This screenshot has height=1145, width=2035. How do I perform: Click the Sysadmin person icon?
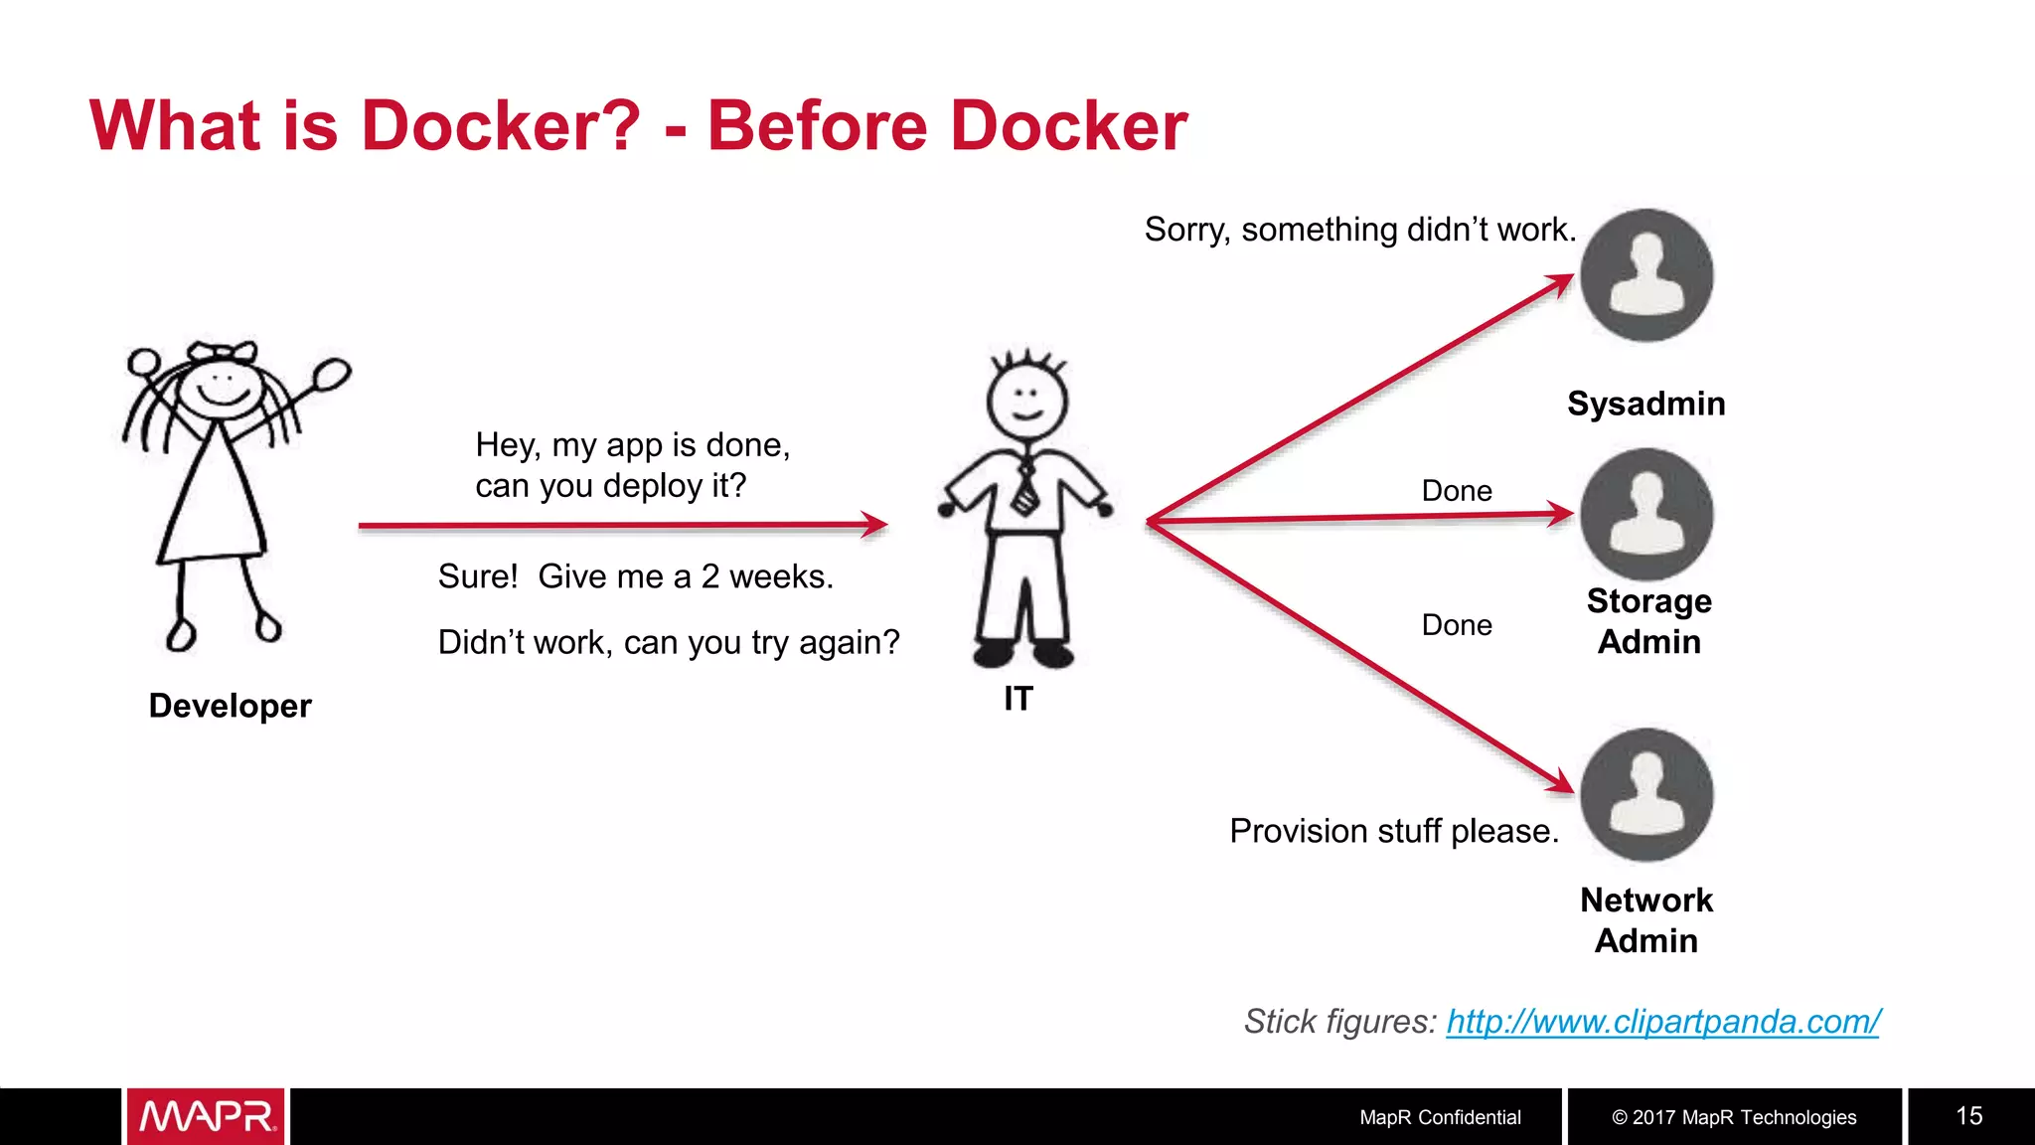coord(1646,275)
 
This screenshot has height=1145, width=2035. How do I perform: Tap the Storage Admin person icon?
coord(1646,514)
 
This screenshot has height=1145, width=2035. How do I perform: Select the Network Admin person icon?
coord(1646,794)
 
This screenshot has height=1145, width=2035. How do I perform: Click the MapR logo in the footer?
coord(207,1116)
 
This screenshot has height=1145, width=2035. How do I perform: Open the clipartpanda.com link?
coord(1662,1021)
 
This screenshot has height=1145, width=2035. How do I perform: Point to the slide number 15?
coord(1968,1116)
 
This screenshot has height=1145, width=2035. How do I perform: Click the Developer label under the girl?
coord(230,706)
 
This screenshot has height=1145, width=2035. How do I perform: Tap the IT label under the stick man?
coord(1018,699)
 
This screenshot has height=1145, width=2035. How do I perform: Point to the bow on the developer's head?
coord(224,352)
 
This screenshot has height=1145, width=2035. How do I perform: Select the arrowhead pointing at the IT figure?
coord(874,524)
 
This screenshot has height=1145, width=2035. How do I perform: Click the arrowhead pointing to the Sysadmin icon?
coord(1560,283)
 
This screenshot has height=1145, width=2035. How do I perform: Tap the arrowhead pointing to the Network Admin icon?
coord(1560,783)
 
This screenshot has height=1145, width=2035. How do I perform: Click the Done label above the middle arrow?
coord(1457,491)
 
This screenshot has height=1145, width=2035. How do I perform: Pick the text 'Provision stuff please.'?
coord(1394,831)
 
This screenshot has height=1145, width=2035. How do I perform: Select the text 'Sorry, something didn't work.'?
coord(1360,230)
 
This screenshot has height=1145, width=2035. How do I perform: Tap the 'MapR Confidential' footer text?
coord(1440,1117)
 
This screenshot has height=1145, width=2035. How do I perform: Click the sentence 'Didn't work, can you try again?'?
coord(669,642)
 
